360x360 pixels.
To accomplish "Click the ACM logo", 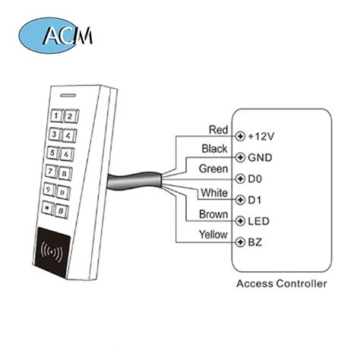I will tap(58, 35).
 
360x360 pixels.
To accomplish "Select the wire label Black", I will tap(213, 147).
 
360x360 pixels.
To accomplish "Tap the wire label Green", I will tap(212, 167).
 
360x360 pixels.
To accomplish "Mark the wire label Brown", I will tap(212, 214).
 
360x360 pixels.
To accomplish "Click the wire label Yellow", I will tap(212, 234).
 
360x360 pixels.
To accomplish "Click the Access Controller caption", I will tap(281, 286).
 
